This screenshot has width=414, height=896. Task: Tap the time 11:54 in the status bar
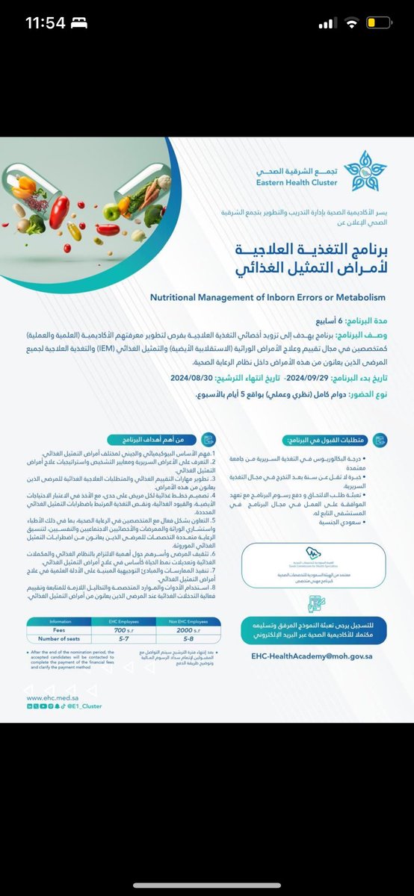point(46,23)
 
